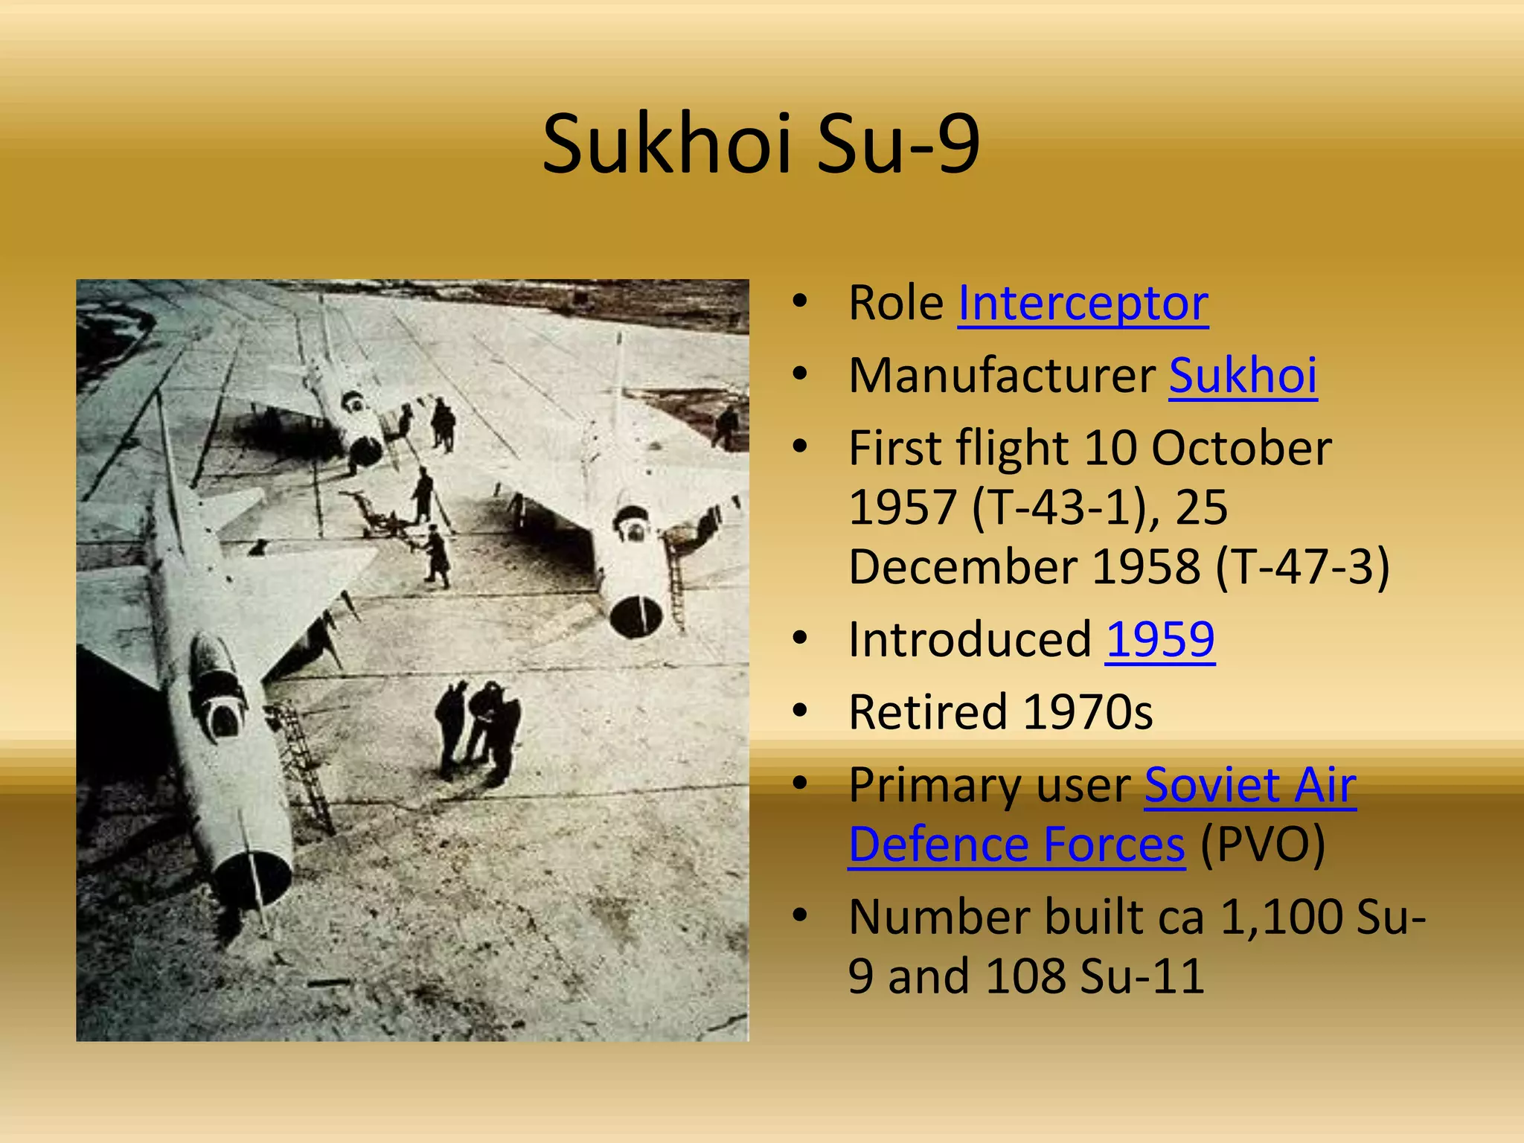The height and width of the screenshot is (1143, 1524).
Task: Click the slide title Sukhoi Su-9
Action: point(761,144)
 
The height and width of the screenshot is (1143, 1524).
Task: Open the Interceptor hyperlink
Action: point(1083,304)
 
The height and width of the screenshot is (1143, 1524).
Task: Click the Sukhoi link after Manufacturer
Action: point(1243,375)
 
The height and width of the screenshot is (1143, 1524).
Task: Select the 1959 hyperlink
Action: point(1160,639)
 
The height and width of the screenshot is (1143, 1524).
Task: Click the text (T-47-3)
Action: point(1302,567)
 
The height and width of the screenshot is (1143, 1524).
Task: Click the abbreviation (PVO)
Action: point(1263,845)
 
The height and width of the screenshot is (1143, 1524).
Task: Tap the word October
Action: point(1241,448)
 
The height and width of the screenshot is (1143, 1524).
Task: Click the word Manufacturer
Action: point(1002,375)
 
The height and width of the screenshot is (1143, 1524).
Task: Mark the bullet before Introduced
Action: point(800,638)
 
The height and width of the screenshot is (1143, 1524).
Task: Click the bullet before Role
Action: point(800,302)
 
